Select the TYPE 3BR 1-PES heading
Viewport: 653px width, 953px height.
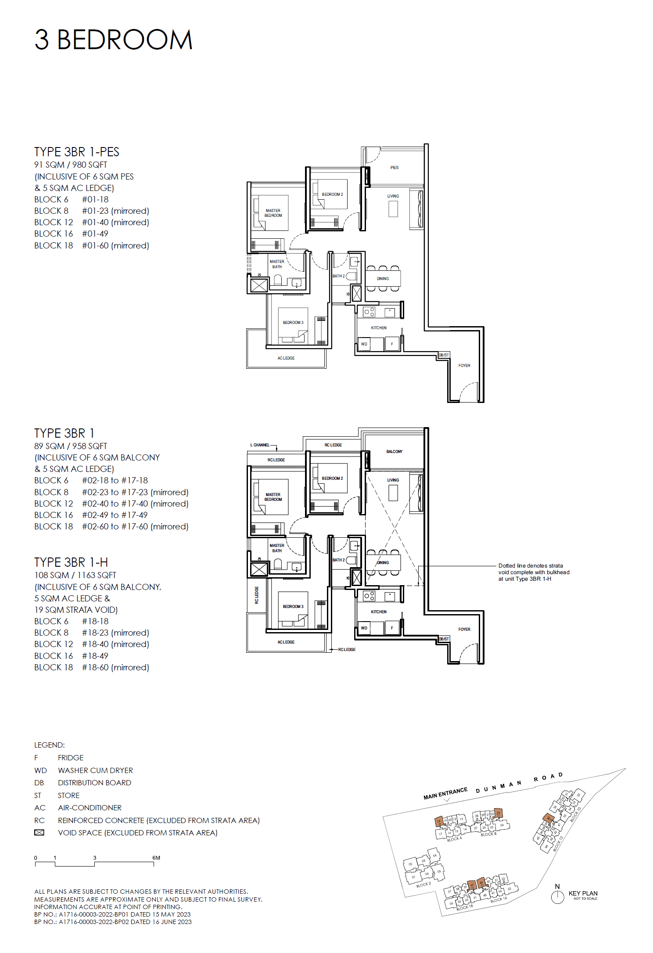pos(77,152)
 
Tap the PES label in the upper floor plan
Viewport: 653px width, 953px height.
pos(394,168)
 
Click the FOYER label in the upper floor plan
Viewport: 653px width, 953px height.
pos(464,366)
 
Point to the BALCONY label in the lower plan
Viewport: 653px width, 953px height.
pos(394,452)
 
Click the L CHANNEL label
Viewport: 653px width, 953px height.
pos(260,445)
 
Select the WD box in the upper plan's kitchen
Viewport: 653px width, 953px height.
pos(364,344)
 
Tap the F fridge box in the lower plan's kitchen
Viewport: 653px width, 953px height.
pos(392,628)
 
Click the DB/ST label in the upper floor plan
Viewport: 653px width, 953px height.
pos(444,355)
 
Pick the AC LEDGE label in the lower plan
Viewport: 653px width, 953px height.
pos(286,642)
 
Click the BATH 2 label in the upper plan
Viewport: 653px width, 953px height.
pos(338,276)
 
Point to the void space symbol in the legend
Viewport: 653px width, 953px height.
pos(39,833)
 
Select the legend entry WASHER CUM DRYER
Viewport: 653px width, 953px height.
pos(95,770)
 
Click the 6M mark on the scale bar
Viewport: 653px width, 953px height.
pos(156,858)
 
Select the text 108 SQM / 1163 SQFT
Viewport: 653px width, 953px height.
pos(75,575)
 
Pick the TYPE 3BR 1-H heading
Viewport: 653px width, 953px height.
pos(71,562)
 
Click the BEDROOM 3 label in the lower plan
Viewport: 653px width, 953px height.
pos(293,607)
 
